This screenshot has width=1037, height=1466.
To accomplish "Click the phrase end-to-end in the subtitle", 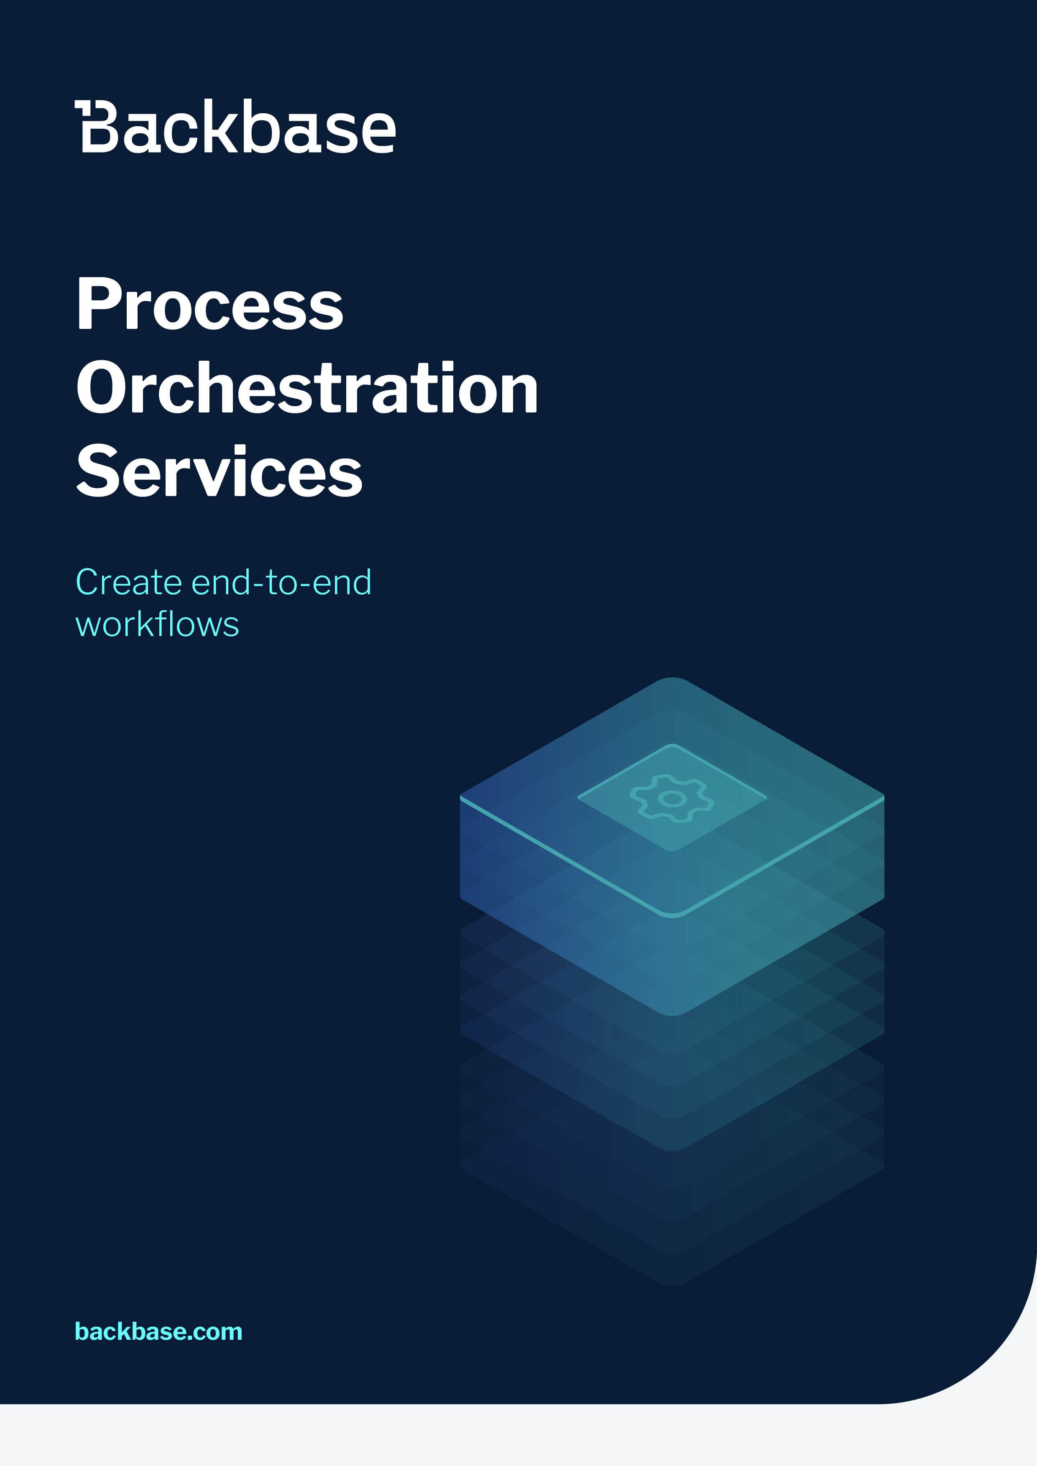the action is click(281, 582).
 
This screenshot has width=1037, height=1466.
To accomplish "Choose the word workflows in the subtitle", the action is click(157, 624).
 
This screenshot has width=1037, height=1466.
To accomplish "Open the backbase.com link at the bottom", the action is click(158, 1331).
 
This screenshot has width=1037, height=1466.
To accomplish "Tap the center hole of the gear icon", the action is click(672, 798).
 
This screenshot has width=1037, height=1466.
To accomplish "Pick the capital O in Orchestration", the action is click(104, 387).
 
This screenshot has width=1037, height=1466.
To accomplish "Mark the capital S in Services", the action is click(99, 471).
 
